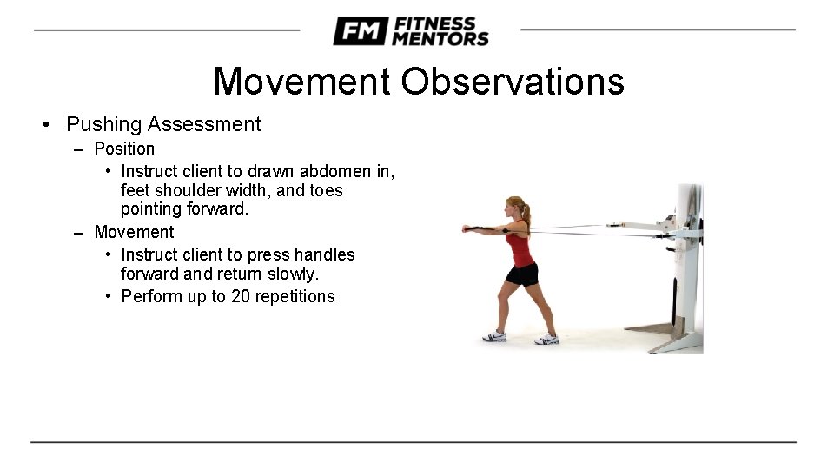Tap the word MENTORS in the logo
click(x=440, y=39)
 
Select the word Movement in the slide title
click(x=301, y=82)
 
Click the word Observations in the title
click(x=512, y=82)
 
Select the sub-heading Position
click(x=124, y=149)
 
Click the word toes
click(x=323, y=190)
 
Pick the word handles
click(x=322, y=254)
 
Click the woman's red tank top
click(x=520, y=248)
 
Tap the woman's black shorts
click(x=522, y=274)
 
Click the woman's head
click(x=514, y=209)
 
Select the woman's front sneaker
click(x=494, y=336)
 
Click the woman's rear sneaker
click(x=547, y=339)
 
